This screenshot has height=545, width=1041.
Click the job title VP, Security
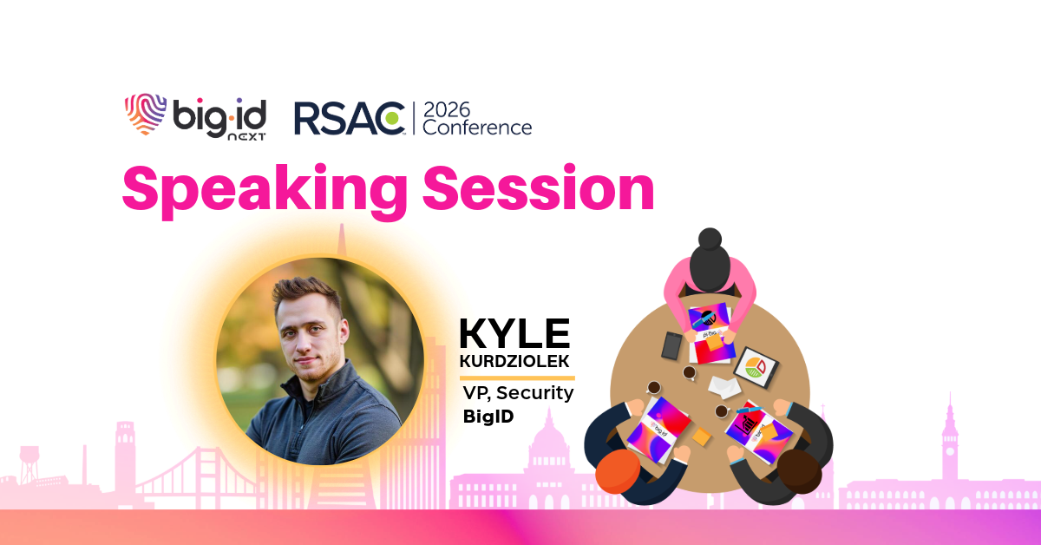518,393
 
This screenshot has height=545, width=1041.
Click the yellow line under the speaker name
517,378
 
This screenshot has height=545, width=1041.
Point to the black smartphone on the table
671,346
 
